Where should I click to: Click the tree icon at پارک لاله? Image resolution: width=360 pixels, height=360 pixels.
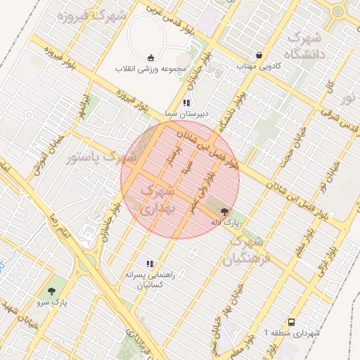[224, 211]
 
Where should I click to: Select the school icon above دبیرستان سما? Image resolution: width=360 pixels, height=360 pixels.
[186, 103]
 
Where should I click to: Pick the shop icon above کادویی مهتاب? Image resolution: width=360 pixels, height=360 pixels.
[259, 55]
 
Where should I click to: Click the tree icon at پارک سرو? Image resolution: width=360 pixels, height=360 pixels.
[51, 290]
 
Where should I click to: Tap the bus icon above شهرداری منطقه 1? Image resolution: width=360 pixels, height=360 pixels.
[292, 321]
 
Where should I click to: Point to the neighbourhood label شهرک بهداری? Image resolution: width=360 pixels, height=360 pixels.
[157, 200]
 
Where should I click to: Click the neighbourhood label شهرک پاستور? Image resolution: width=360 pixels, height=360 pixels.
[103, 157]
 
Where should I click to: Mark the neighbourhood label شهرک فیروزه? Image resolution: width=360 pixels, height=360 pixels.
[103, 15]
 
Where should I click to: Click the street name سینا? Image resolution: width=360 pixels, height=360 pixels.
[186, 170]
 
